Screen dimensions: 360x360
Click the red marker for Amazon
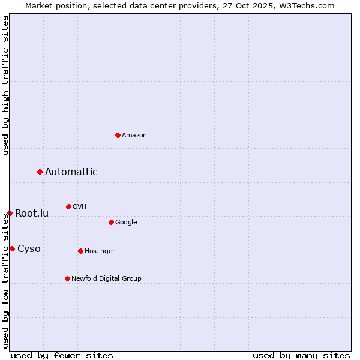pos(118,135)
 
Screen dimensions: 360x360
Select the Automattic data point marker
pos(40,172)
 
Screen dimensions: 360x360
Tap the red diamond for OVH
pos(68,206)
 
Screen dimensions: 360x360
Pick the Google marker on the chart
pos(111,222)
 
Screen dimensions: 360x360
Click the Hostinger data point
pos(80,251)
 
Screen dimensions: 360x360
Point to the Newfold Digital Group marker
pos(67,278)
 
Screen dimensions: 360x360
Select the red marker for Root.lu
pos(10,213)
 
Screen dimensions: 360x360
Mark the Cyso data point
pos(12,248)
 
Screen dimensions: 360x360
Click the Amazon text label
pos(134,136)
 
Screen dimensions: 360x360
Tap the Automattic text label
pos(71,172)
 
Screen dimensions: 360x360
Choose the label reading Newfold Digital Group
pos(106,278)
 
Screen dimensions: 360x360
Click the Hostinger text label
pos(100,251)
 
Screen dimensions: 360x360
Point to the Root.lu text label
pos(32,214)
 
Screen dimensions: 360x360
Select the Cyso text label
pos(29,249)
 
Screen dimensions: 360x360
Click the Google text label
pos(126,223)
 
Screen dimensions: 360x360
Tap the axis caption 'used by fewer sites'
pos(62,355)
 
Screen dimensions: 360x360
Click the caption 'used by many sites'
pos(301,355)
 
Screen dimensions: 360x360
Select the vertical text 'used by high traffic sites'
pos(5,85)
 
